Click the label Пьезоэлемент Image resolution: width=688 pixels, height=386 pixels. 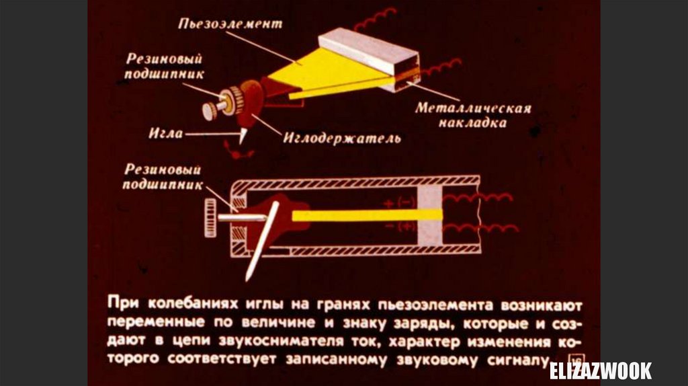coord(230,24)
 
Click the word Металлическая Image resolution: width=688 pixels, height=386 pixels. coord(473,108)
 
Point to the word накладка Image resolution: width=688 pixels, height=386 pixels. coord(473,123)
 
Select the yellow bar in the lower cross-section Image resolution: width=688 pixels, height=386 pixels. coord(367,215)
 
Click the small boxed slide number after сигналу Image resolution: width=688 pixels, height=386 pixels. coord(574,360)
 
